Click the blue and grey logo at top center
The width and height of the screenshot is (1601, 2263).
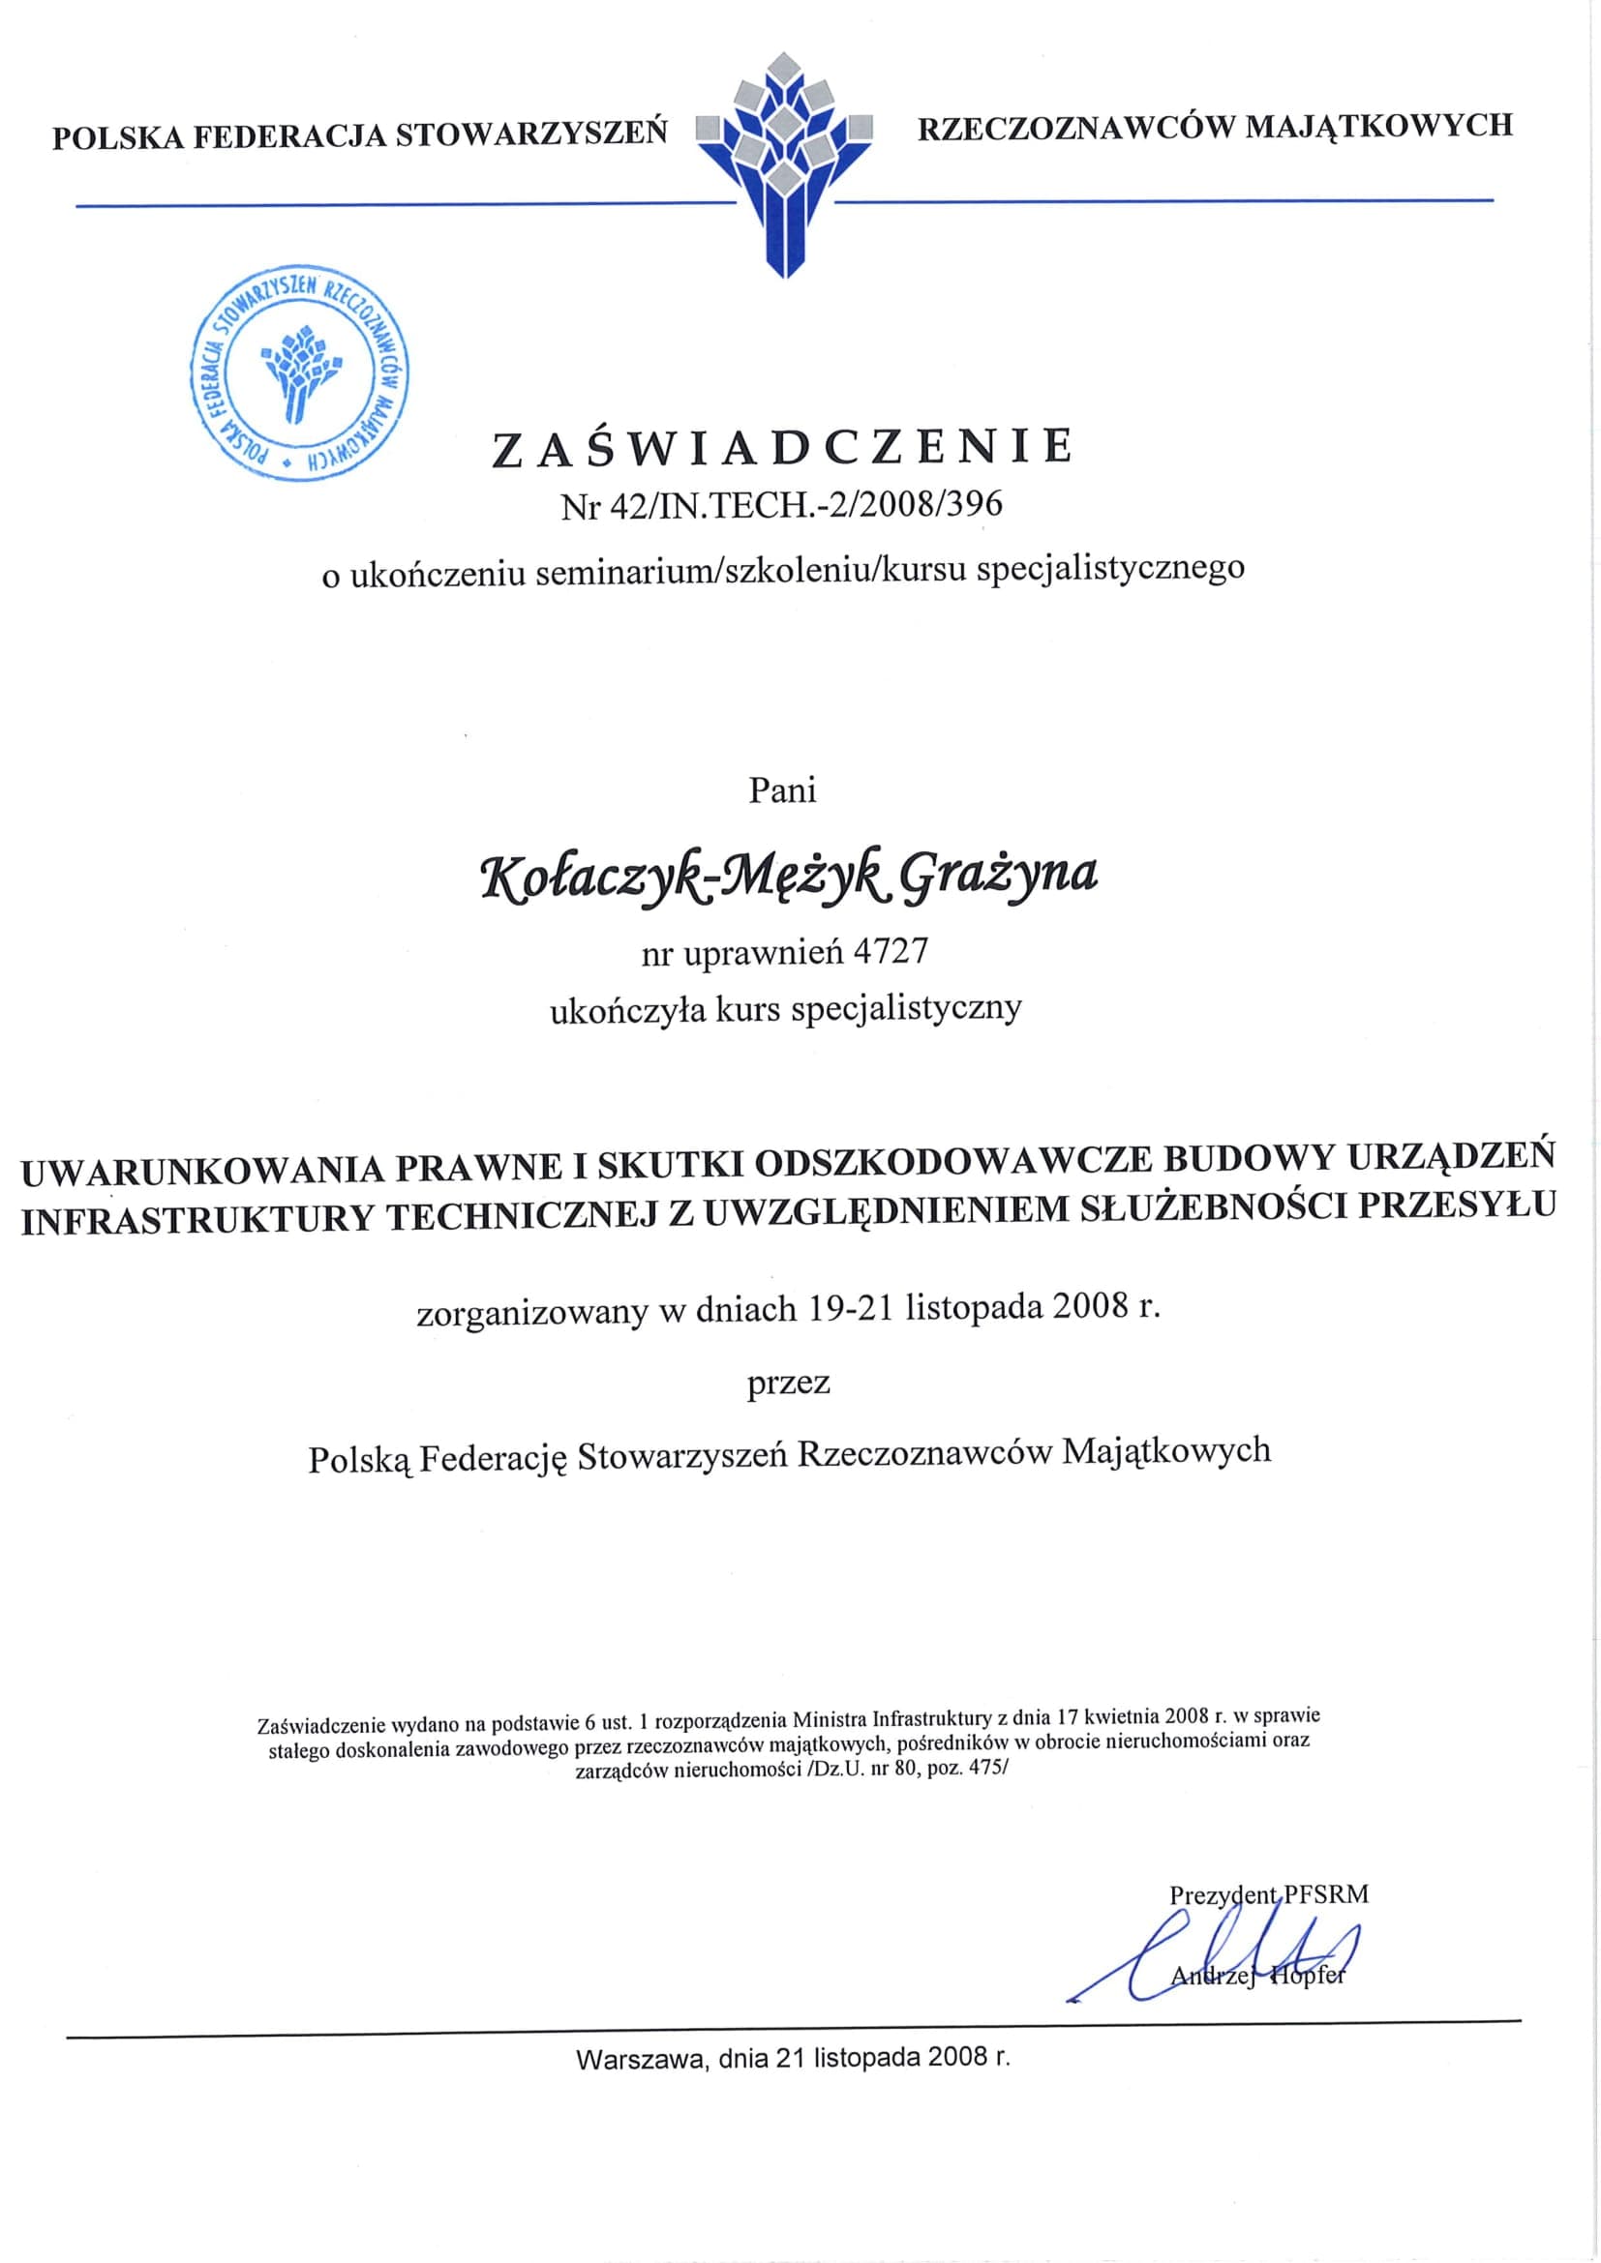[785, 163]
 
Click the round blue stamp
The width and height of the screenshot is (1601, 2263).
[300, 374]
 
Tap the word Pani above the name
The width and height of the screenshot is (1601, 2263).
[783, 790]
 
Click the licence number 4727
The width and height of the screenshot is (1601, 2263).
[892, 951]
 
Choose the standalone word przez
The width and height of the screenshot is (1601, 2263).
[789, 1382]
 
